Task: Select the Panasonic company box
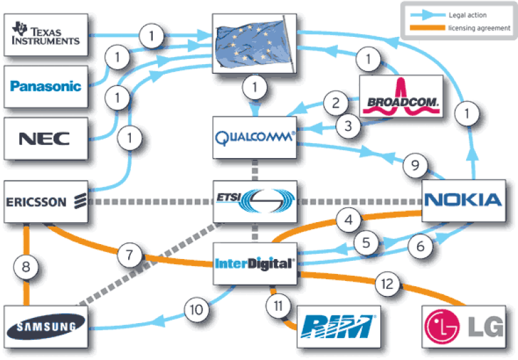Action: [x=45, y=85]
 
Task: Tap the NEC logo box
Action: [x=45, y=137]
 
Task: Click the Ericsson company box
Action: [x=45, y=201]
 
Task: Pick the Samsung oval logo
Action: [x=45, y=326]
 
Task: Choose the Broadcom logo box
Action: [x=401, y=98]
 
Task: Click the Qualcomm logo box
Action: [x=254, y=137]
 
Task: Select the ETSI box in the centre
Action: [x=254, y=201]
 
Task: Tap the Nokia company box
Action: [x=462, y=199]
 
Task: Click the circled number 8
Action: [x=27, y=265]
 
